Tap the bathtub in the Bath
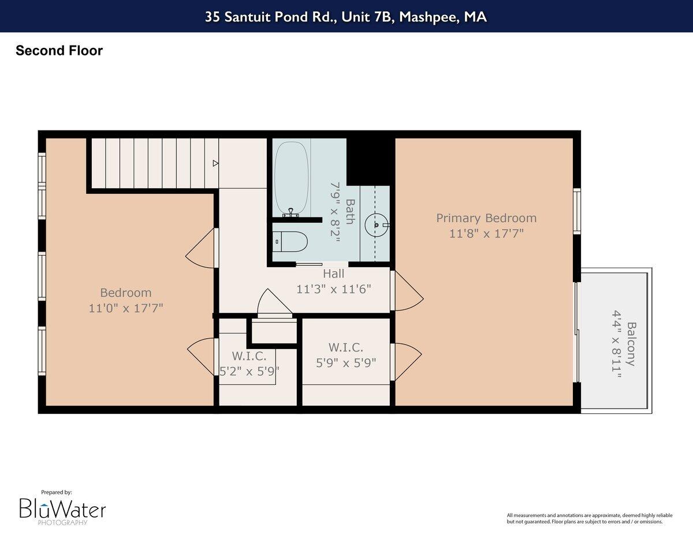pyautogui.click(x=292, y=178)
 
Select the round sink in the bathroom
pyautogui.click(x=377, y=225)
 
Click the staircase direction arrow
pyautogui.click(x=215, y=163)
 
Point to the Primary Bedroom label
pyautogui.click(x=486, y=218)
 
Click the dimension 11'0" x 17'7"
pyautogui.click(x=126, y=308)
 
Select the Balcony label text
pyautogui.click(x=632, y=343)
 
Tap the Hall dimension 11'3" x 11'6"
pyautogui.click(x=334, y=289)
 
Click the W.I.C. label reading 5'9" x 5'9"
pyautogui.click(x=345, y=363)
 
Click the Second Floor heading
pyautogui.click(x=59, y=51)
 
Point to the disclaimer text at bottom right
pyautogui.click(x=584, y=518)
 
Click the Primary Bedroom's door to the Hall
pyautogui.click(x=408, y=292)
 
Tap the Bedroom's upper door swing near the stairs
pyautogui.click(x=200, y=249)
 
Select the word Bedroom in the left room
pyautogui.click(x=126, y=293)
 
